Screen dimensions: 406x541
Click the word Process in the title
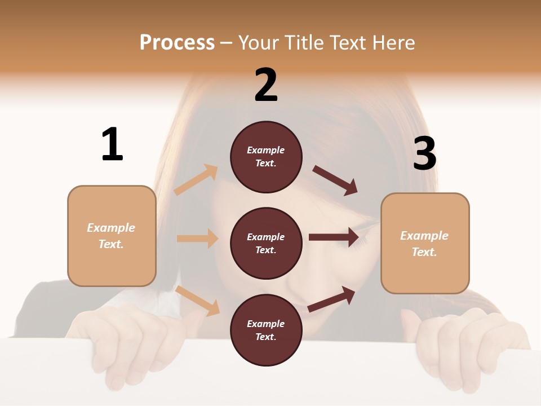[177, 43]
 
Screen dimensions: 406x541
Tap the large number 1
[112, 145]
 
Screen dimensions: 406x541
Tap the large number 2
[266, 85]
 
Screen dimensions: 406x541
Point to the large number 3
[424, 154]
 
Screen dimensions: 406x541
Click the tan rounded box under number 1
[112, 236]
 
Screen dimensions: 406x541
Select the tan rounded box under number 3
[425, 244]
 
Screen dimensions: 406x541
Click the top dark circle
[266, 157]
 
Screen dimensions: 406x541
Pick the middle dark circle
[266, 243]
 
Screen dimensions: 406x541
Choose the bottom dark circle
[266, 330]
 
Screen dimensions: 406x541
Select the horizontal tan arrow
[197, 239]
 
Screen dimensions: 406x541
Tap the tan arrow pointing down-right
[198, 301]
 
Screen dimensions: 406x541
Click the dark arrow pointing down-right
[335, 180]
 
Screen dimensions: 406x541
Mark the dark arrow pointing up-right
[331, 299]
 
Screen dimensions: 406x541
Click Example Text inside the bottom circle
[265, 330]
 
